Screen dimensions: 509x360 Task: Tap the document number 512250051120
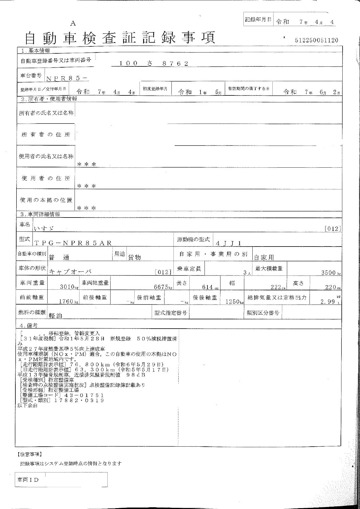316,40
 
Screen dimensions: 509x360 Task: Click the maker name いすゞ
44,229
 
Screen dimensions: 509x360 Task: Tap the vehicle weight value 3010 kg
67,287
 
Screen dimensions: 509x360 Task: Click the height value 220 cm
330,287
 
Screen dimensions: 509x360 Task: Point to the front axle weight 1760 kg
66,302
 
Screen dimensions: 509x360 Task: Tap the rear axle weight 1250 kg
232,302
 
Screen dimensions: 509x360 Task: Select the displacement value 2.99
328,302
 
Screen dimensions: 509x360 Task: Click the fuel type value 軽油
56,316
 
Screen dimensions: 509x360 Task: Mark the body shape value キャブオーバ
70,272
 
